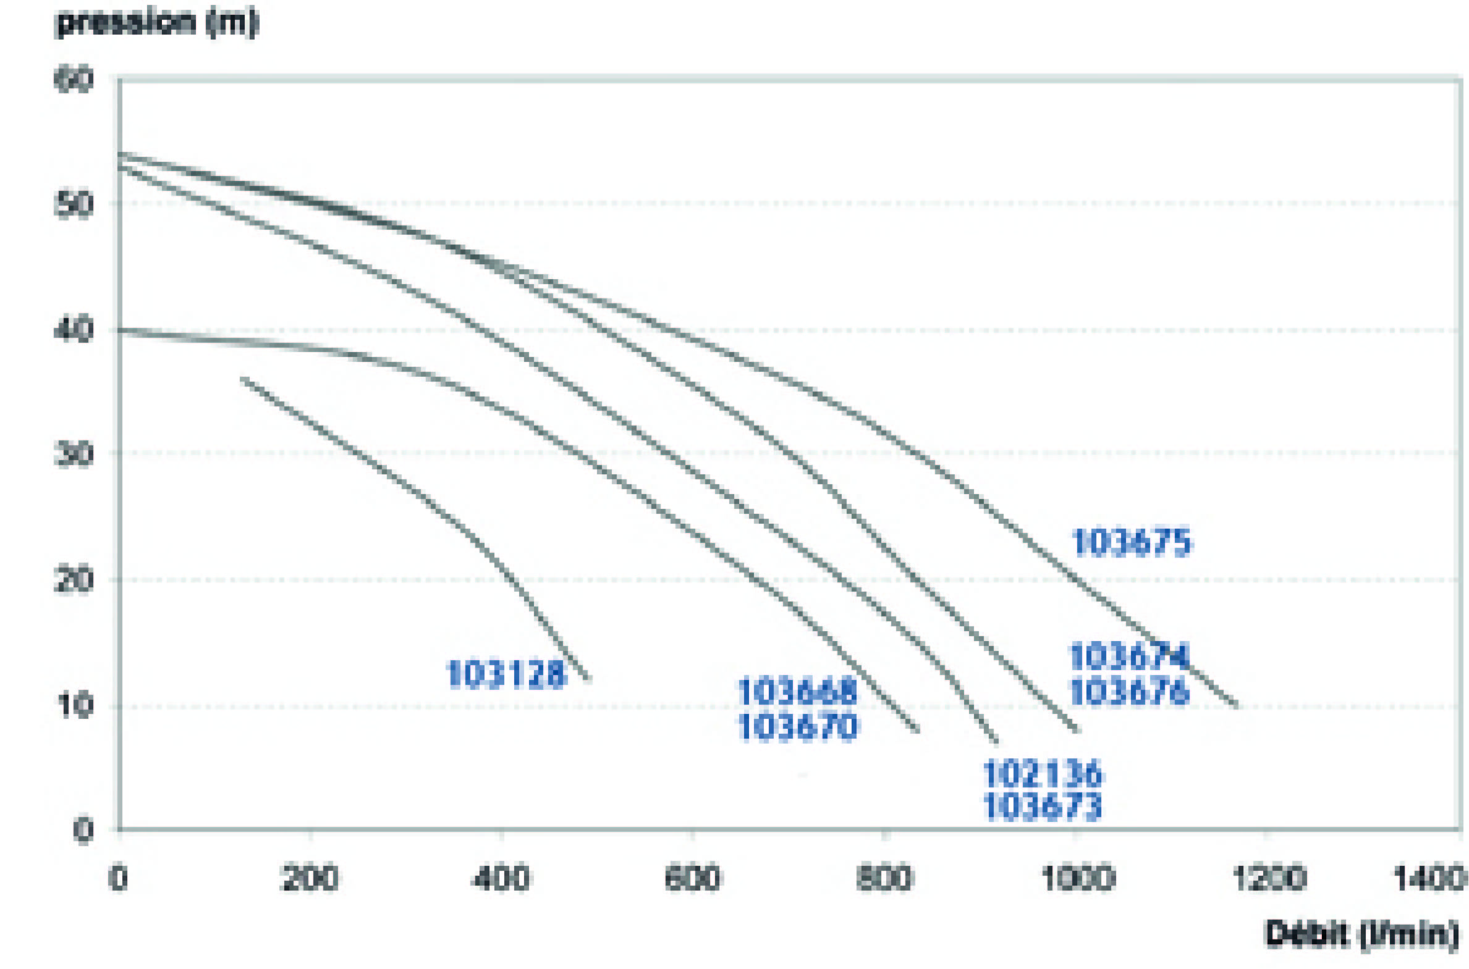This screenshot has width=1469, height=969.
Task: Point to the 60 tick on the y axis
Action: click(x=74, y=80)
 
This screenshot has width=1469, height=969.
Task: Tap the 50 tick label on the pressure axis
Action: click(x=74, y=204)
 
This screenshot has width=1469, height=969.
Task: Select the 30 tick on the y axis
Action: click(x=74, y=454)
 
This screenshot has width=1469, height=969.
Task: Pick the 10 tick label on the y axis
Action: click(x=74, y=705)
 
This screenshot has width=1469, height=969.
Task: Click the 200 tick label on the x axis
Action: click(x=310, y=878)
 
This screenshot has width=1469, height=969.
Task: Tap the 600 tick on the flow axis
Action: click(x=692, y=878)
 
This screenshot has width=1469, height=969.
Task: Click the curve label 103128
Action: click(x=506, y=674)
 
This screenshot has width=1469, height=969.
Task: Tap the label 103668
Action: click(x=798, y=692)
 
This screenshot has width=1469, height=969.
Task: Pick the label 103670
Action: click(x=798, y=727)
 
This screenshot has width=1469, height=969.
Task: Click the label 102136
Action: click(x=1043, y=774)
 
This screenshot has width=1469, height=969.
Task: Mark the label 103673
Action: click(x=1043, y=807)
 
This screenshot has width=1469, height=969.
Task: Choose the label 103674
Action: click(x=1129, y=656)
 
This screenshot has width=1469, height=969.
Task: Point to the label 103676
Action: click(x=1129, y=691)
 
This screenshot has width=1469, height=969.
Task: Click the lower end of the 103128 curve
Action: click(x=589, y=679)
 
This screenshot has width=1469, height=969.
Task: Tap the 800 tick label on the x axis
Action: click(x=885, y=878)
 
